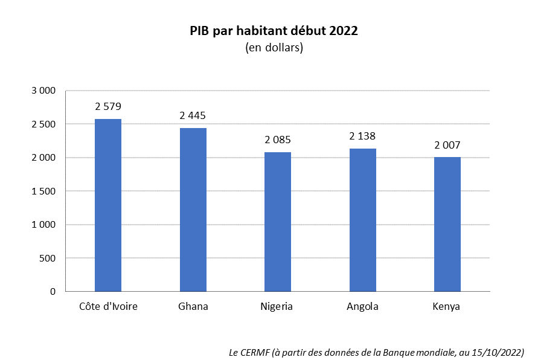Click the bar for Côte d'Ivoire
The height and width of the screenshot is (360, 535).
[108, 205]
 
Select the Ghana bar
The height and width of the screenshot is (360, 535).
[193, 210]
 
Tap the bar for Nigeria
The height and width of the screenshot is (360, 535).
[278, 222]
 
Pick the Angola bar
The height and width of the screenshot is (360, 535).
[362, 220]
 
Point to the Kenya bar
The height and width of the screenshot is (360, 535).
[447, 224]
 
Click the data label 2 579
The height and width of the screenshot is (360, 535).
[108, 107]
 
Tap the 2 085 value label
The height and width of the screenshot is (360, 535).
[278, 140]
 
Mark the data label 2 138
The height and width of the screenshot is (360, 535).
[362, 137]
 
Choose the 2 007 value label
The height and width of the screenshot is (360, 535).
[447, 145]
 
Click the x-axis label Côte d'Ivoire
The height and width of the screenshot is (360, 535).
[108, 306]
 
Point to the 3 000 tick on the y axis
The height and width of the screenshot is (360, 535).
[43, 91]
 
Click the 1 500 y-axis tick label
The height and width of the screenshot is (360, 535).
[43, 191]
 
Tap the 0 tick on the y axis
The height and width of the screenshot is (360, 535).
[53, 292]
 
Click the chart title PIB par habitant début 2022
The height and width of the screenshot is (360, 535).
[274, 31]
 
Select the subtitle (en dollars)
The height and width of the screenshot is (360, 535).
[274, 48]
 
